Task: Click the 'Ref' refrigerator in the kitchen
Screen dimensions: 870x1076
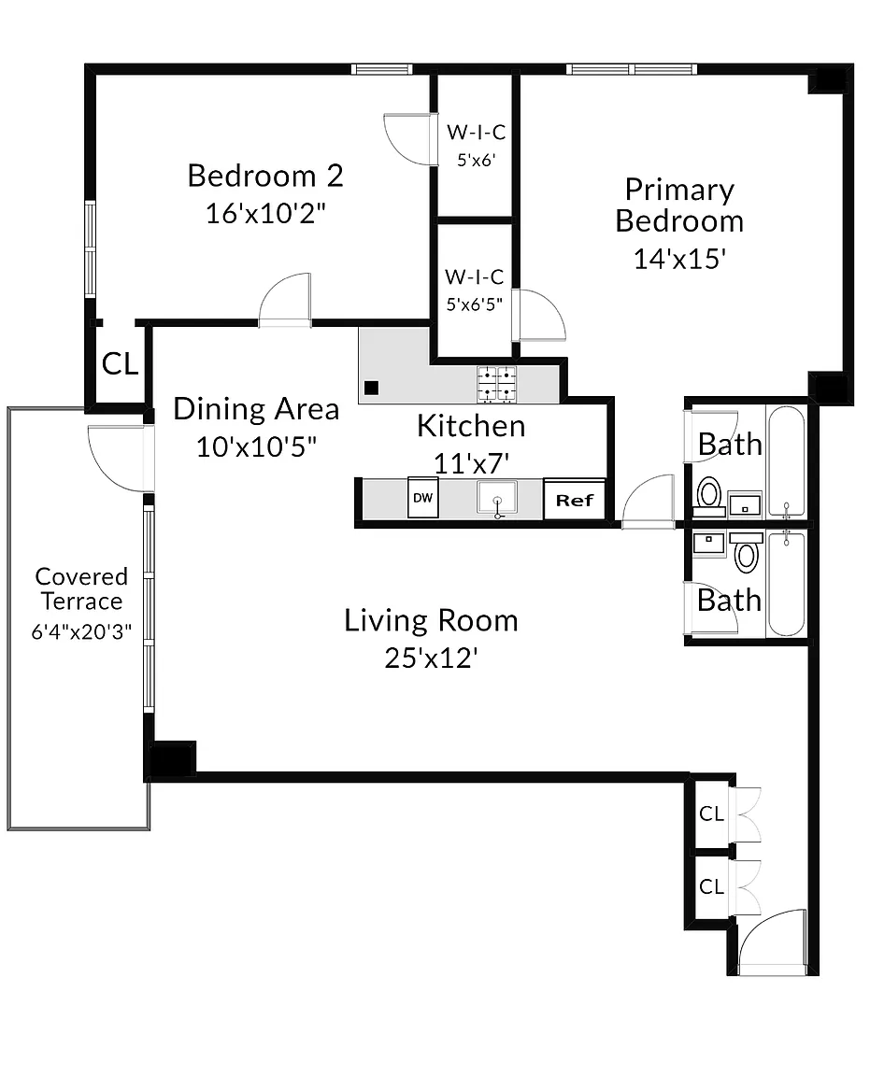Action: [574, 500]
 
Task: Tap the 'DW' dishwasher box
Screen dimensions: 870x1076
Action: [423, 497]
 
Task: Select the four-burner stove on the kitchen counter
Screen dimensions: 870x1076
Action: [496, 384]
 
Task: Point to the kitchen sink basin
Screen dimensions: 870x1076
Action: [497, 497]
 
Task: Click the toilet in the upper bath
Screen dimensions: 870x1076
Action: [708, 496]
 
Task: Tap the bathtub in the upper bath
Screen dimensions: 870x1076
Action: [786, 461]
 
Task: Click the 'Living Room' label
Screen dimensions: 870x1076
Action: [431, 620]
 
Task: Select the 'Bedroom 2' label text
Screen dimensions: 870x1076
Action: [265, 176]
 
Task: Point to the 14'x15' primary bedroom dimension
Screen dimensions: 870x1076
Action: [679, 259]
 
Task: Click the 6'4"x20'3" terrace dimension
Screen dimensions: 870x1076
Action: [81, 631]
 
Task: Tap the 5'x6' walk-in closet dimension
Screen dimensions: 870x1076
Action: [477, 160]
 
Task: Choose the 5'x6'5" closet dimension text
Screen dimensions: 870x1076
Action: [475, 304]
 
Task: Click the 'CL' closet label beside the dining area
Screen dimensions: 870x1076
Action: [121, 363]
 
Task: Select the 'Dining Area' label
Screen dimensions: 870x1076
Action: [256, 409]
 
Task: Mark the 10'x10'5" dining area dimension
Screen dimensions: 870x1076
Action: [256, 446]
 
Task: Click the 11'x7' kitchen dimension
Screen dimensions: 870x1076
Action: [471, 463]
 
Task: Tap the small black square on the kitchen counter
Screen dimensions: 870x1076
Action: [372, 388]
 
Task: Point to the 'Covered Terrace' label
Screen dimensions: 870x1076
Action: [81, 588]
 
